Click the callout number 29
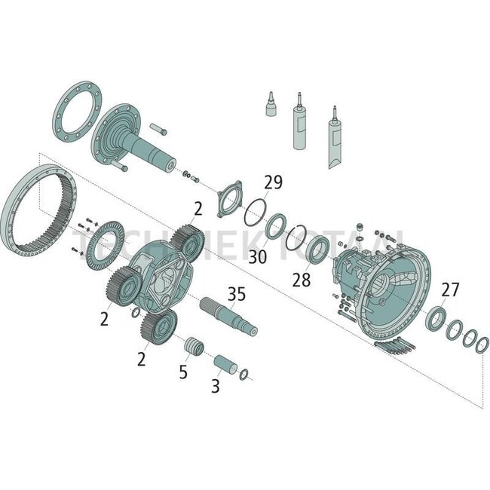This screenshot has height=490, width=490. [x=272, y=183]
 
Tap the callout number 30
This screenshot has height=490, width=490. [x=258, y=257]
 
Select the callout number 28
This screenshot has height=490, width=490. [x=302, y=280]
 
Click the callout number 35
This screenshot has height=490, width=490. [x=236, y=295]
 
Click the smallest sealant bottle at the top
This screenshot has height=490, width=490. [x=270, y=106]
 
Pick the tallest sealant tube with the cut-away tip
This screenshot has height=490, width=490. [x=333, y=143]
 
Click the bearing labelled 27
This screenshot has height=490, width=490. [x=436, y=318]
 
